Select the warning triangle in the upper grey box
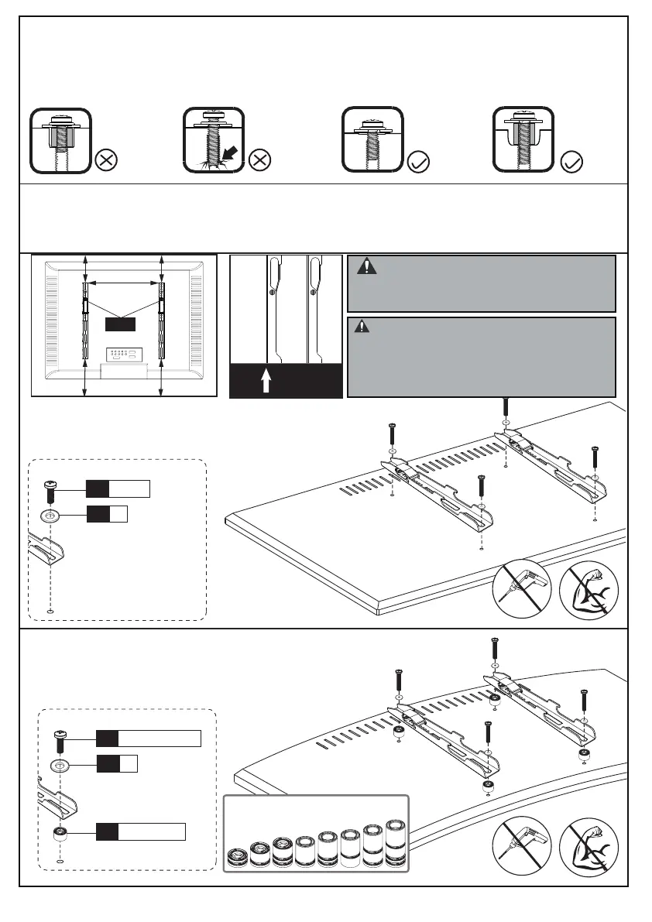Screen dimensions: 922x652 (x=366, y=268)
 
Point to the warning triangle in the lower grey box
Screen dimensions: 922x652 (x=361, y=327)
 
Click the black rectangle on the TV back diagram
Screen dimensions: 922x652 (x=121, y=324)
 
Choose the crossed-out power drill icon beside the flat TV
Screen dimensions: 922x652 (x=522, y=590)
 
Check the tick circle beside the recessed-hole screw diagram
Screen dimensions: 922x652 (x=570, y=162)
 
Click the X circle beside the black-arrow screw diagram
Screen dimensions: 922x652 (x=261, y=162)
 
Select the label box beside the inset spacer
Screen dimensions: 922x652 (x=140, y=832)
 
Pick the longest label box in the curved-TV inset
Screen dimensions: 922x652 (x=148, y=738)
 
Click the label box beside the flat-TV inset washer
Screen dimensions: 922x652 (x=106, y=513)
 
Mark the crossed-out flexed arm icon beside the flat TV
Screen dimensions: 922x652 (x=588, y=590)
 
